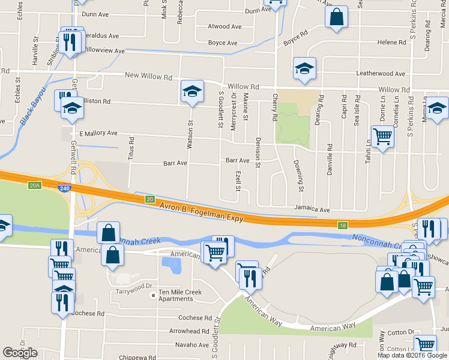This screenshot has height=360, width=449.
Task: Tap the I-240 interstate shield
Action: pos(63,188)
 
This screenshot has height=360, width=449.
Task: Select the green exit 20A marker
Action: pos(34,186)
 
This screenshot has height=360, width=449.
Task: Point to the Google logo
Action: pos(20,353)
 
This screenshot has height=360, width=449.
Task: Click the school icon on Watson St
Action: pos(192,92)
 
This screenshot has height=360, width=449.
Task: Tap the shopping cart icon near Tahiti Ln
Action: pos(382,137)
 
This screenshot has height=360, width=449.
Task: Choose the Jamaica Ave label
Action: pos(312,210)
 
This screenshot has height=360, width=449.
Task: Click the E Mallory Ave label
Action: pos(98,133)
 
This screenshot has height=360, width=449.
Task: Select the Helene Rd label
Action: pos(391,43)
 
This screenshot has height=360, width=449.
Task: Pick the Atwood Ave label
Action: pos(224,26)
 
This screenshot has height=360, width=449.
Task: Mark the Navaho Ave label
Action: pos(192,344)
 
